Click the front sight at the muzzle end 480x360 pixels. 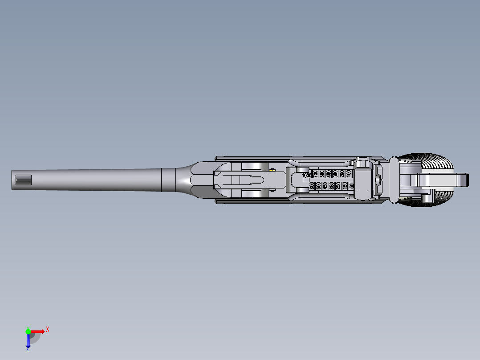(24, 180)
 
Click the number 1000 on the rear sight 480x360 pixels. (307, 176)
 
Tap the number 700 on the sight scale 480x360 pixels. (315, 174)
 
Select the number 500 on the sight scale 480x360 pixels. (322, 174)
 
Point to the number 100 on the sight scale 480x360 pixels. (349, 174)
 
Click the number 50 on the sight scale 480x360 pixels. (352, 186)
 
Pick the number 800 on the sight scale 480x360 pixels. (312, 186)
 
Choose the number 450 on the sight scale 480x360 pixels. (325, 186)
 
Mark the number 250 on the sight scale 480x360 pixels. (338, 186)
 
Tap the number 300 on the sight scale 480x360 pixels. (335, 174)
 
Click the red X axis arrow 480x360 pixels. (38, 331)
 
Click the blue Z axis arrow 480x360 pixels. (28, 341)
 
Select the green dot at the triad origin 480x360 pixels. (28, 331)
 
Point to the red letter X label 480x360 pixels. (47, 329)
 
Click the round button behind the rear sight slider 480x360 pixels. (378, 180)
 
